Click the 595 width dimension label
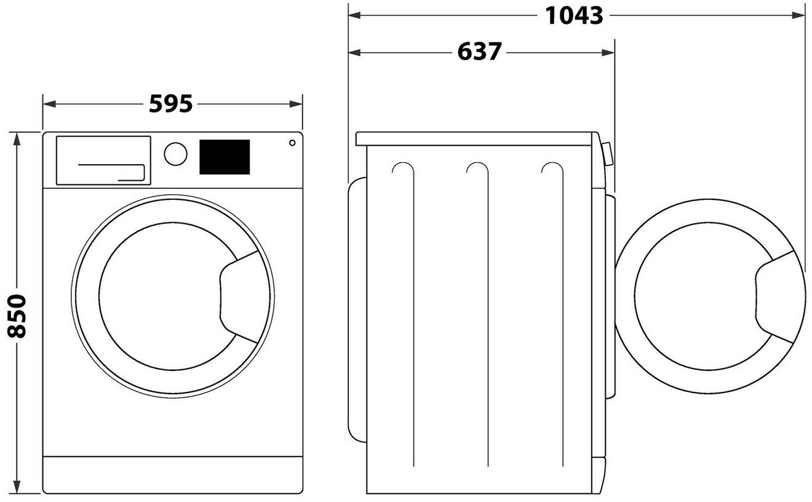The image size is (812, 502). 171,104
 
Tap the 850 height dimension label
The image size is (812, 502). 18,316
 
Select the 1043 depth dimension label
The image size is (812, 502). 574,15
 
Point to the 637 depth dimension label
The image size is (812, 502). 479,52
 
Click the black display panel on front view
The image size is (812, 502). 224,157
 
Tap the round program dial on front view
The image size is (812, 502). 176,154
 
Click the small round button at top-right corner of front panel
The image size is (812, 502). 292,143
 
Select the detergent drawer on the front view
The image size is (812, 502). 103,160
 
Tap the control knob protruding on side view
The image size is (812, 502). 608,154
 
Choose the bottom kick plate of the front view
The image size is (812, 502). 172,474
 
